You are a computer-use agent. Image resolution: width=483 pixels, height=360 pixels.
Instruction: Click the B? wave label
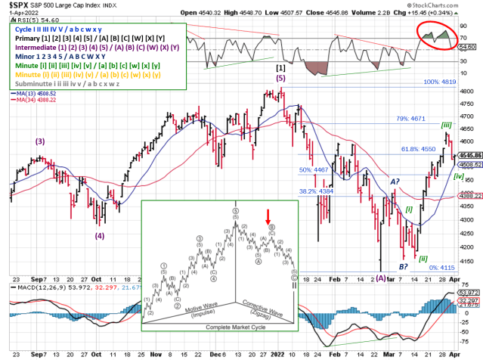404,266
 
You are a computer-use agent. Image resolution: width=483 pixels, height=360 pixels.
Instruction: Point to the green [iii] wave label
447,125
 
